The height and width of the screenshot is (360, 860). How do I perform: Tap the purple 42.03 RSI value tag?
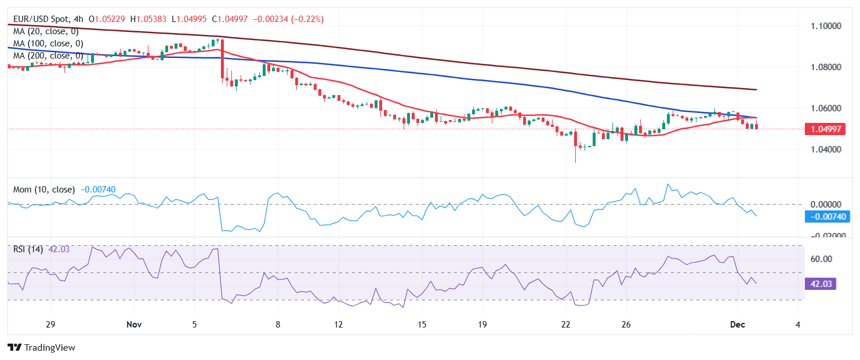(x=821, y=284)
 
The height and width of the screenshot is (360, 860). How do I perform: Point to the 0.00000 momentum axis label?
(x=825, y=204)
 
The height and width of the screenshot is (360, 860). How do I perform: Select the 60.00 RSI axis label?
(x=821, y=259)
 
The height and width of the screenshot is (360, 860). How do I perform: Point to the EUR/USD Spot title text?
(x=41, y=19)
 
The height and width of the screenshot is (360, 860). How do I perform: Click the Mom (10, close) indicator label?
(x=44, y=190)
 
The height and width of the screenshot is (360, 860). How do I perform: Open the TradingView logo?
(x=42, y=348)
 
